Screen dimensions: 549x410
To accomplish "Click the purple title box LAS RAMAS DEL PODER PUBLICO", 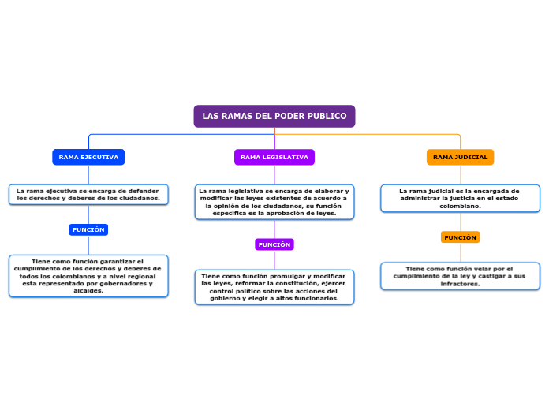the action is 274,116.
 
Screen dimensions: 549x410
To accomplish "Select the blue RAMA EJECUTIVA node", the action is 88,157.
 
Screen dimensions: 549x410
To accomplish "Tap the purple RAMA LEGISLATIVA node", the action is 274,157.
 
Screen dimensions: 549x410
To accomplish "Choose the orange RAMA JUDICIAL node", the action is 460,157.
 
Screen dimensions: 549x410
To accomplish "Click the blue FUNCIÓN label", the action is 88,229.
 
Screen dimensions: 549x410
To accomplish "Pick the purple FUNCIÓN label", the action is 274,244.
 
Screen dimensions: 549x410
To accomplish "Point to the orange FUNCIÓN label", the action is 460,237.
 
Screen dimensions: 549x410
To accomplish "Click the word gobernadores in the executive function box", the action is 121,284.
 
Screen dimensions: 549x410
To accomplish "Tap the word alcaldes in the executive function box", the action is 88,291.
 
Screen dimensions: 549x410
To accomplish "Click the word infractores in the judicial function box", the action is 460,284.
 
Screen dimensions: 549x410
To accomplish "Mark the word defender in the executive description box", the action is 144,191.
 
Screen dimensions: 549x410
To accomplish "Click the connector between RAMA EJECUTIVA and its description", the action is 88,175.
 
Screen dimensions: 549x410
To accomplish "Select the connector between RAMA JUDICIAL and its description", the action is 460,175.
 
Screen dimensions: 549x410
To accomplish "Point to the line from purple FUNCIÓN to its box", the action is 274,260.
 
